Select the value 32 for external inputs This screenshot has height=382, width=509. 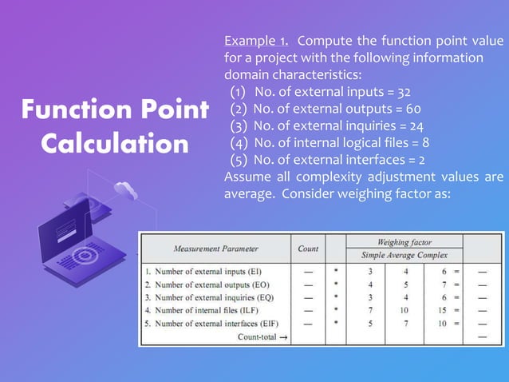(x=404, y=92)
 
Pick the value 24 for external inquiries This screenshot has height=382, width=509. (x=416, y=125)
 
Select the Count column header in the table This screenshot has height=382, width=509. (x=307, y=248)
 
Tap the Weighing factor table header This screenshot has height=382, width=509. (x=404, y=241)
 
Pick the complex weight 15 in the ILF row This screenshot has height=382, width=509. (x=442, y=308)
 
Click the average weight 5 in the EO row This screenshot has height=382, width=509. (x=404, y=285)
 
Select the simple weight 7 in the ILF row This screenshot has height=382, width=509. (x=370, y=308)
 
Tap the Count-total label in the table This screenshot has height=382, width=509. (x=262, y=337)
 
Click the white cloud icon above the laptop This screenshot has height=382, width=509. (x=125, y=189)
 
